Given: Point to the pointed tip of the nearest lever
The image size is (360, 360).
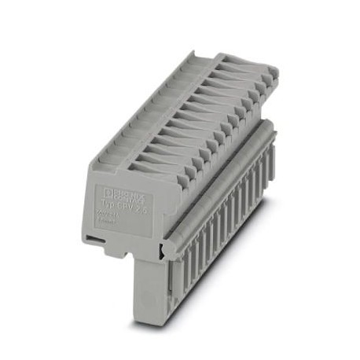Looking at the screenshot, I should point(170,175).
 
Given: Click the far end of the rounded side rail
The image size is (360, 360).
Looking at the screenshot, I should point(270,127).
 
